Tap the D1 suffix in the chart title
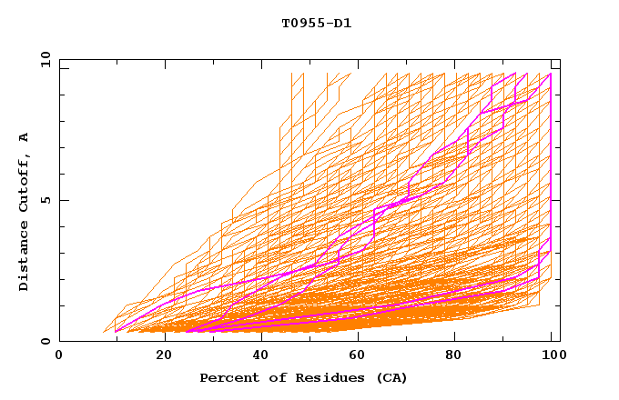(341, 23)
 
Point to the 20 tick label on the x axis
(165, 355)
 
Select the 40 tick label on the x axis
(261, 355)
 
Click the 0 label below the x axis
(60, 355)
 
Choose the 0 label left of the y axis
(45, 342)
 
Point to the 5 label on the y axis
(45, 200)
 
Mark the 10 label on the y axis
(41, 59)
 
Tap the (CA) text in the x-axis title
(390, 377)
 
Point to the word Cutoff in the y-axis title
(24, 180)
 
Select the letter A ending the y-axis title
(24, 137)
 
